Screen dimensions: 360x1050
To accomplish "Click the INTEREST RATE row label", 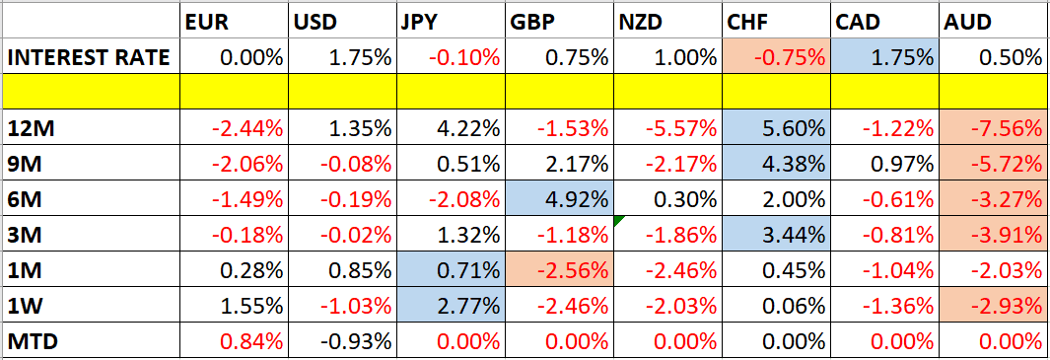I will click(x=89, y=57).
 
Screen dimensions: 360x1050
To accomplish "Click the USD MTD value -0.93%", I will click(x=355, y=341).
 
